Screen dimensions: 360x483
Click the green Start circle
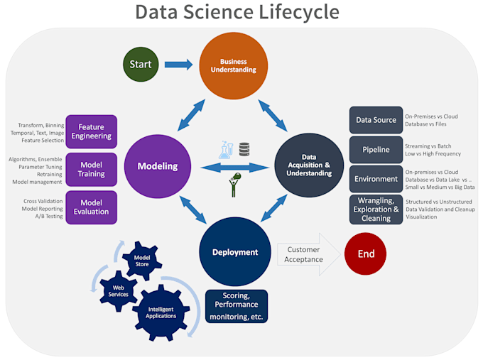140,65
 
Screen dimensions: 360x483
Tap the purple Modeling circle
157,166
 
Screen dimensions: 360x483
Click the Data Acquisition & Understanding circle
309,165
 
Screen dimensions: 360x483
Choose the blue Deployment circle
234,252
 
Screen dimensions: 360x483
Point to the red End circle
367,253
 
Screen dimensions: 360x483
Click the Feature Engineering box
91,131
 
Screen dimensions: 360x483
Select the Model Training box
91,169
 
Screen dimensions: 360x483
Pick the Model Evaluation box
91,207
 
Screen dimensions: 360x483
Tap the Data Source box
376,120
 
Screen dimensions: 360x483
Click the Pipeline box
376,150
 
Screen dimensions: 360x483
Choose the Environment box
376,179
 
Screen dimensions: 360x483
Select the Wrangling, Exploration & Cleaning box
376,209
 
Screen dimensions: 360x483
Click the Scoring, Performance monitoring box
237,306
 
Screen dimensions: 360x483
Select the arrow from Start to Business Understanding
178,65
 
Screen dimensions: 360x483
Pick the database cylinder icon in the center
244,149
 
